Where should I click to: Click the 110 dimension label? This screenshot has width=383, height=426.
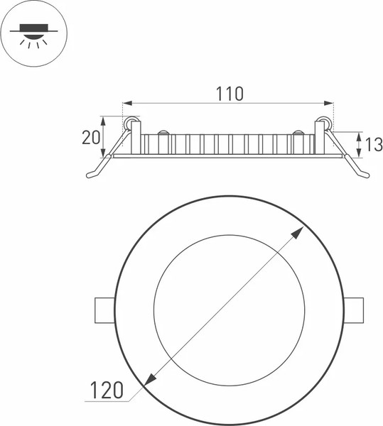(x=230, y=94)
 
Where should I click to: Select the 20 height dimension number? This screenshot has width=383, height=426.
(x=91, y=138)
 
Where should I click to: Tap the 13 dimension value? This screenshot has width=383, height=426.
(x=374, y=145)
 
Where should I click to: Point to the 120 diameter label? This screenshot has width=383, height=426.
(x=107, y=390)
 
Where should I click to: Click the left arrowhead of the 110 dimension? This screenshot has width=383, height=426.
(x=127, y=103)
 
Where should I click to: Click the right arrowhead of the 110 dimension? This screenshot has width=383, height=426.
(x=328, y=103)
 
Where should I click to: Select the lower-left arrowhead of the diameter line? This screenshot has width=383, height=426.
(x=149, y=380)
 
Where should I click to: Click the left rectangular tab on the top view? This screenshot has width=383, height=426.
(x=105, y=310)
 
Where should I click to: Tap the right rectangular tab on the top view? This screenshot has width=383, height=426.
(x=353, y=310)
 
